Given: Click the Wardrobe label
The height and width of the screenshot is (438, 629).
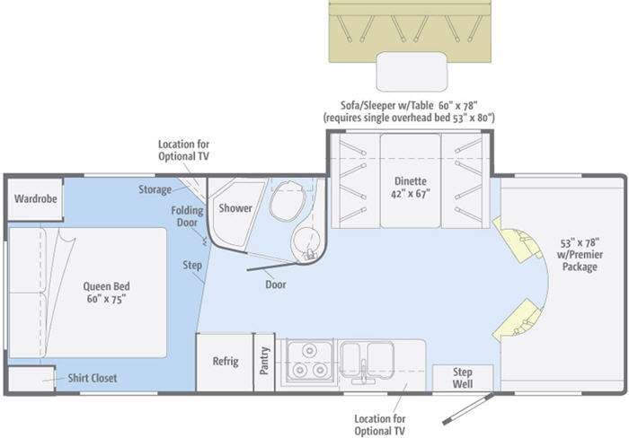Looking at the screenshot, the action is pos(35,198).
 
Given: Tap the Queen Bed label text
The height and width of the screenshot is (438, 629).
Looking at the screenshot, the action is pos(106,293).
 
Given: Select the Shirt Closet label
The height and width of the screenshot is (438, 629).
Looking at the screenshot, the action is pos(93,378).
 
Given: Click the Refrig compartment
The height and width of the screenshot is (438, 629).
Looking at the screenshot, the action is pos(225,362).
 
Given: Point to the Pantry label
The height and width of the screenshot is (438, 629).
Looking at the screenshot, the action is pos(264,361).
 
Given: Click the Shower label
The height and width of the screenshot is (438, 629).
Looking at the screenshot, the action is pos(235,208).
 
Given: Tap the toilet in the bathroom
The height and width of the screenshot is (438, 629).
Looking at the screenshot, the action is pos(288,200).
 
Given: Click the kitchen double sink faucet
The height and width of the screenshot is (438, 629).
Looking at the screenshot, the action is pos(363,372).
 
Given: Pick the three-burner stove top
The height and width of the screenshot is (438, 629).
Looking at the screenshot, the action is pos(309,361).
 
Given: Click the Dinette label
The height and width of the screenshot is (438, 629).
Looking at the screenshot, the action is pos(411,188).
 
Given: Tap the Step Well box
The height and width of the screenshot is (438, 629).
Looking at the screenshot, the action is pos(463,378).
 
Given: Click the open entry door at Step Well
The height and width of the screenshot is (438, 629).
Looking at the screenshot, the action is pos(467,408).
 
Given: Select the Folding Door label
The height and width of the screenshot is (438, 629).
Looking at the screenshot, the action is pos(187,216).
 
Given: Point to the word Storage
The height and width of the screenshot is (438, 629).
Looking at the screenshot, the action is pos(155,189).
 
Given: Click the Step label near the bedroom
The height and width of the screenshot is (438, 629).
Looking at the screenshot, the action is pos(192,266).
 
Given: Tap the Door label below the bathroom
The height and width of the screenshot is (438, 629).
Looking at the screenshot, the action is pos(276,285).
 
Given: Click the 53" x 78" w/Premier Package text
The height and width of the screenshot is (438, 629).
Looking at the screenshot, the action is pos(580,255).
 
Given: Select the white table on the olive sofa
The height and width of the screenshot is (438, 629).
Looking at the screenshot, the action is pos(412,71).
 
